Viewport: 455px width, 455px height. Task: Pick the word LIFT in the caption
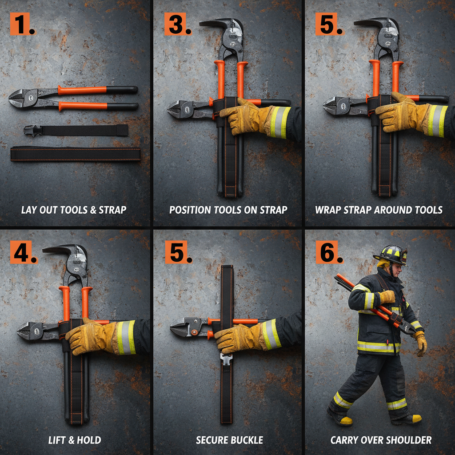click(x=58, y=440)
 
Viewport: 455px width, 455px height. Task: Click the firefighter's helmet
click(x=391, y=254)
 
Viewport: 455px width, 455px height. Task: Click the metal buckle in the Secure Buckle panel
click(x=226, y=358)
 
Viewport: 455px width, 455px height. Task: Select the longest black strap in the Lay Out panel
click(x=76, y=154)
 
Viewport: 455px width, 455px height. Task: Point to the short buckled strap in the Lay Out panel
click(x=76, y=130)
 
